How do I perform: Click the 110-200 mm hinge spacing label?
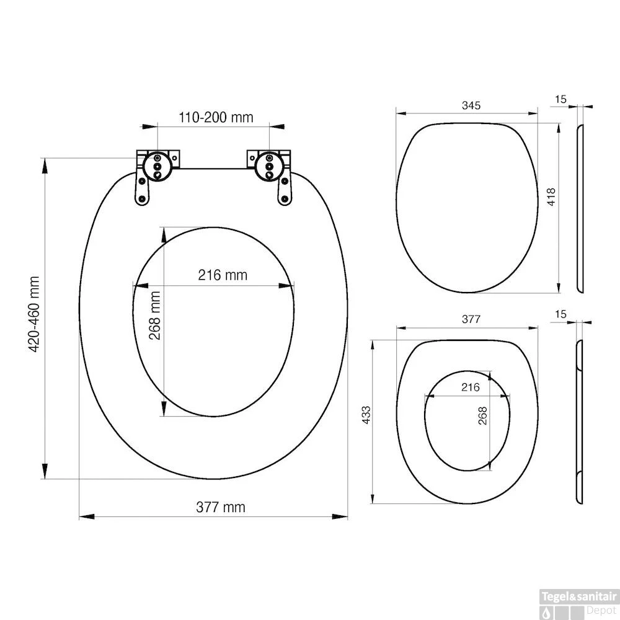[x=216, y=118]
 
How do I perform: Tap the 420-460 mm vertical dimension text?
[x=35, y=315]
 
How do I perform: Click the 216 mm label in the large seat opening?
[x=223, y=275]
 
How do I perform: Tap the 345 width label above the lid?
[x=471, y=105]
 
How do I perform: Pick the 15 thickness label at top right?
[x=561, y=99]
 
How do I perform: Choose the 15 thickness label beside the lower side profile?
[x=561, y=314]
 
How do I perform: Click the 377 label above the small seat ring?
[x=471, y=319]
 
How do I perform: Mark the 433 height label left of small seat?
[x=366, y=414]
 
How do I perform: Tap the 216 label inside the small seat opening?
[x=471, y=387]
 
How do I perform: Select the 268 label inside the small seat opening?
[x=483, y=414]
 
